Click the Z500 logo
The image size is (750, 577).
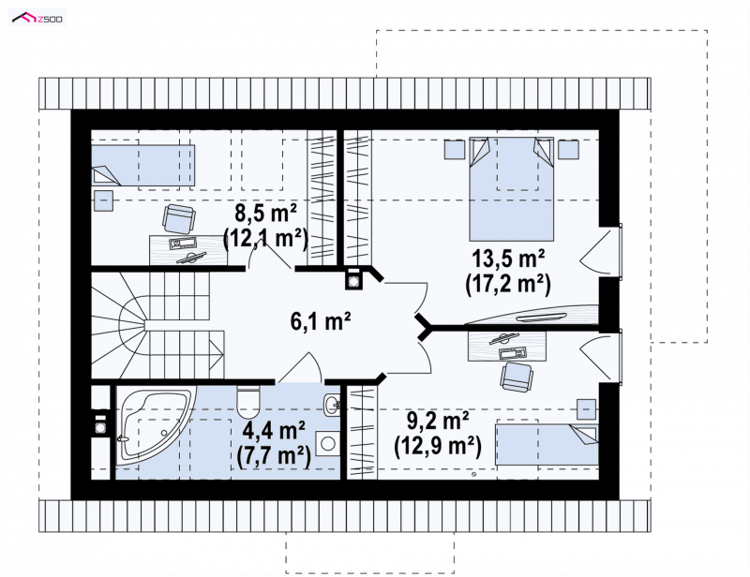pos(37,18)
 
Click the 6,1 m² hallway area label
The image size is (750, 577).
pos(321,320)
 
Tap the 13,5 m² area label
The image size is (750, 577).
pos(508,259)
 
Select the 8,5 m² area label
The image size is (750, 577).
pos(265,214)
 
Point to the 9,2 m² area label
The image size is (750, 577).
pos(438,422)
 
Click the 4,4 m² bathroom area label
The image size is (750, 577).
pos(274,431)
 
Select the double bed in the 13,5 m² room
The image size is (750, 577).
pos(511,189)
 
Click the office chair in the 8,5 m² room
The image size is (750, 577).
pos(179,218)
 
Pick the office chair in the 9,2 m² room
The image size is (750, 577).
pos(517,376)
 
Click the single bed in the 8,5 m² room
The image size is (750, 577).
pos(143,165)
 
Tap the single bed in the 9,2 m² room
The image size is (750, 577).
pos(547,444)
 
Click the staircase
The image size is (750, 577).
pos(157,325)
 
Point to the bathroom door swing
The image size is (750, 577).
pos(300,367)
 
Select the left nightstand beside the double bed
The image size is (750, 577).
pos(455,149)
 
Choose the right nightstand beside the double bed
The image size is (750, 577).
pos(569,149)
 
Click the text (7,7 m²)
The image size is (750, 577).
pos(274,456)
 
